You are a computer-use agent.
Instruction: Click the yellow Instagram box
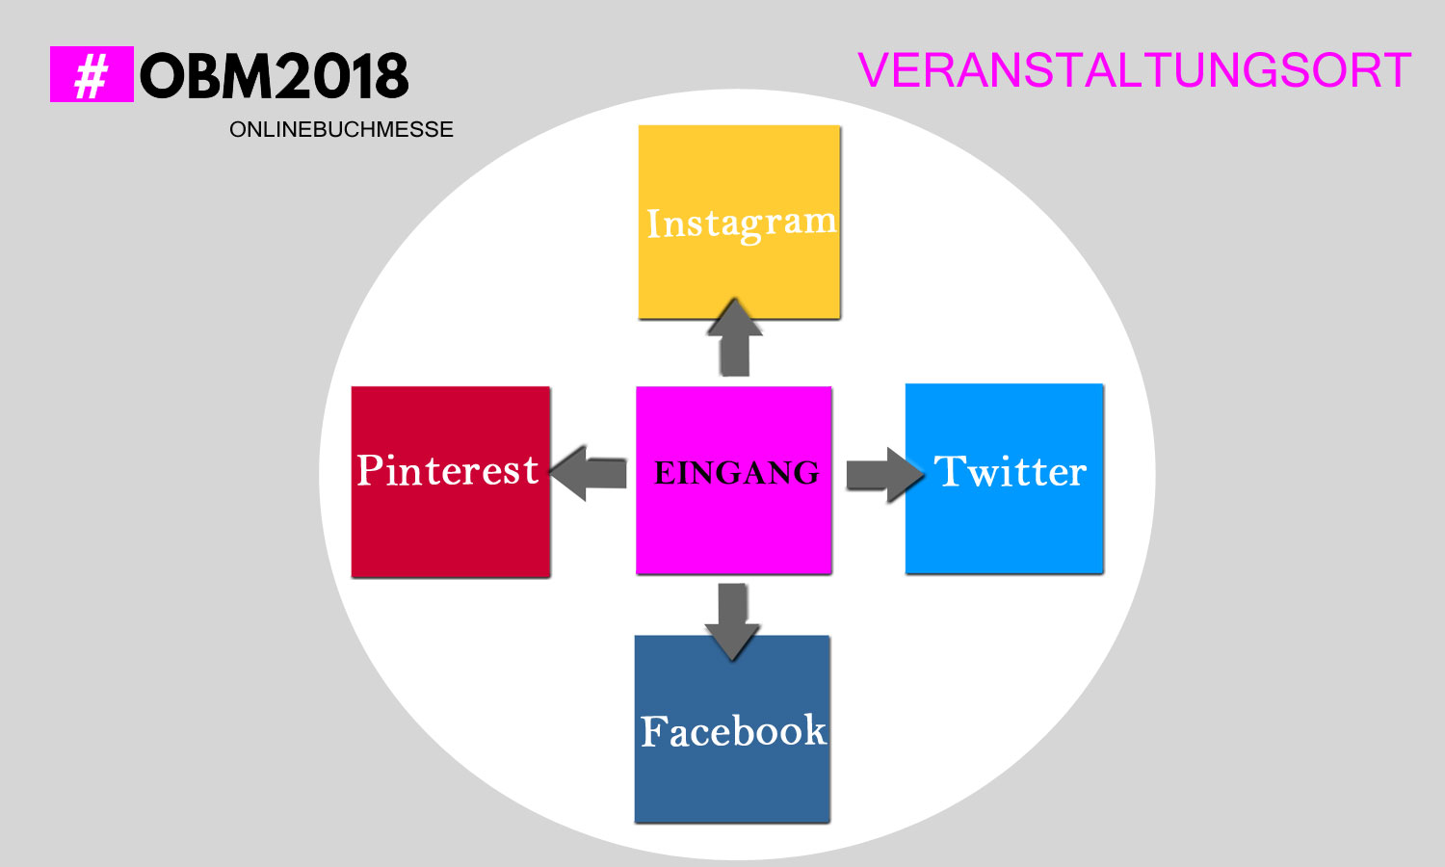point(739,222)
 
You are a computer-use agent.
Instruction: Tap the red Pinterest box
point(450,482)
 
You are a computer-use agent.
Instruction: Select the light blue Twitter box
point(1005,479)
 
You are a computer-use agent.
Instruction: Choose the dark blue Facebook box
point(732,729)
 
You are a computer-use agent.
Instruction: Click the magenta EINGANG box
point(733,480)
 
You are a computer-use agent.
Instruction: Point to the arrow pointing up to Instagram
point(735,337)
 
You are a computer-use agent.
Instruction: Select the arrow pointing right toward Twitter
point(885,475)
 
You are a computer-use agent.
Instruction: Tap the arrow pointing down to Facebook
point(732,622)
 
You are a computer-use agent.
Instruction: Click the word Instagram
point(741,223)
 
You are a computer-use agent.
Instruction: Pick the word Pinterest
point(448,470)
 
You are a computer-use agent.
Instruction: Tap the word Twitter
point(1011,471)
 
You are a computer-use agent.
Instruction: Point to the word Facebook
point(733,731)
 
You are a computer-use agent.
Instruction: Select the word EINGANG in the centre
point(737,473)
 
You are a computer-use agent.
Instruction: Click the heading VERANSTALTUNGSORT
point(1135,70)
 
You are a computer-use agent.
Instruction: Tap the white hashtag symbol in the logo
point(91,75)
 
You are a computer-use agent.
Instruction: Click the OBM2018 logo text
point(275,76)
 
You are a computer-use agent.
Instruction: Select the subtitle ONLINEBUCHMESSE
point(341,130)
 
